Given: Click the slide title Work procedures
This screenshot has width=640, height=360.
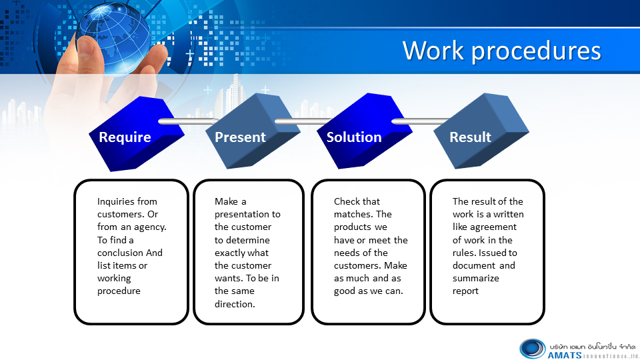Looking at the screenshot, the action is [501, 51].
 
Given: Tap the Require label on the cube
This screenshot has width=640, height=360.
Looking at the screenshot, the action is [125, 137].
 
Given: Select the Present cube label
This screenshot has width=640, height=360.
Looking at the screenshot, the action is [240, 137].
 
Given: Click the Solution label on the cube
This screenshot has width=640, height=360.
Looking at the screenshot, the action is [354, 137].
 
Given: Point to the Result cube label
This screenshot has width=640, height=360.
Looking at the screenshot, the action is [470, 137].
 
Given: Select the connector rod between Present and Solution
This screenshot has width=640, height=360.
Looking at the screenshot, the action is [304, 121].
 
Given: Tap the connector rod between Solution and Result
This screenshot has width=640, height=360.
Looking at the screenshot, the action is [421, 121].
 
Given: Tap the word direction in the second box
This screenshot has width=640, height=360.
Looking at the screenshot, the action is [235, 304].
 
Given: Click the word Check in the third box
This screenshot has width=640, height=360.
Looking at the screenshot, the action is [345, 201].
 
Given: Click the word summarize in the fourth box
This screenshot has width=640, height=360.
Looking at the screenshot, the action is [476, 279].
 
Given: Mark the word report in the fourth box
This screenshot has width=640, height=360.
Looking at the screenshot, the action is [465, 291].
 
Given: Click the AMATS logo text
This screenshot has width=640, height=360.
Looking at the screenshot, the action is [565, 355].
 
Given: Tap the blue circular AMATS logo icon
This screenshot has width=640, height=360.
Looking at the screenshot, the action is [532, 349].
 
